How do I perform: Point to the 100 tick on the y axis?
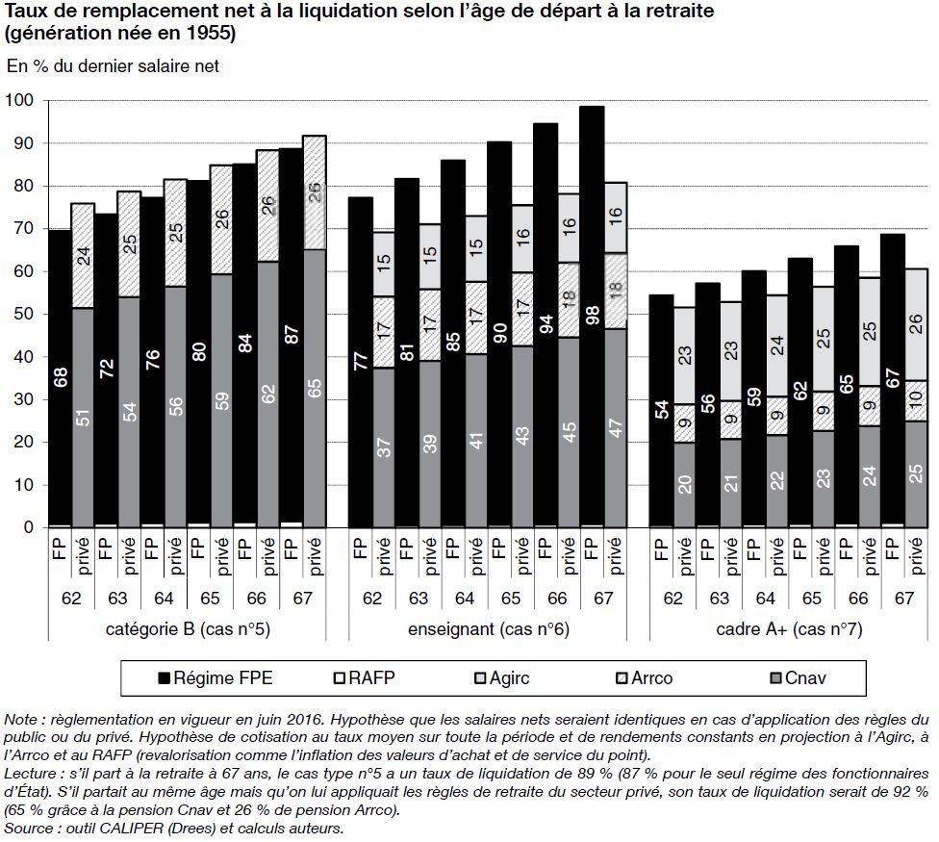point(20,101)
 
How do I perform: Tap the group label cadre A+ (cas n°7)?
point(789,630)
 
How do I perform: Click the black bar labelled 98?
point(591,318)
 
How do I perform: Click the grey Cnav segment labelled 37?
point(383,448)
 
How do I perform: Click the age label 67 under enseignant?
point(603,599)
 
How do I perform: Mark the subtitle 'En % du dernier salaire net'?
point(114,66)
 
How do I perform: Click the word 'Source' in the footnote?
point(29,828)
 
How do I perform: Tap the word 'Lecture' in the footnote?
point(31,773)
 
